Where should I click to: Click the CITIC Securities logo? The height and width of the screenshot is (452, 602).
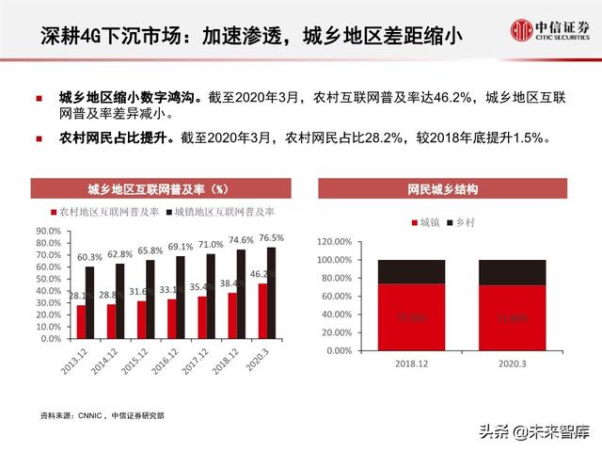pyautogui.click(x=550, y=30)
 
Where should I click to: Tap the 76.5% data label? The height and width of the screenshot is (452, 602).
pyautogui.click(x=271, y=238)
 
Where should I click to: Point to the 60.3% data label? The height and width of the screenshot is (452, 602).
pyautogui.click(x=89, y=257)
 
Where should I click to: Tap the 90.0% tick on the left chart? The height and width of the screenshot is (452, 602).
pyautogui.click(x=48, y=229)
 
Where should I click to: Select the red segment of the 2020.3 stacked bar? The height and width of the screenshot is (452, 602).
pyautogui.click(x=512, y=317)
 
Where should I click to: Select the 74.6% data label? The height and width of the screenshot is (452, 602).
pyautogui.click(x=241, y=240)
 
